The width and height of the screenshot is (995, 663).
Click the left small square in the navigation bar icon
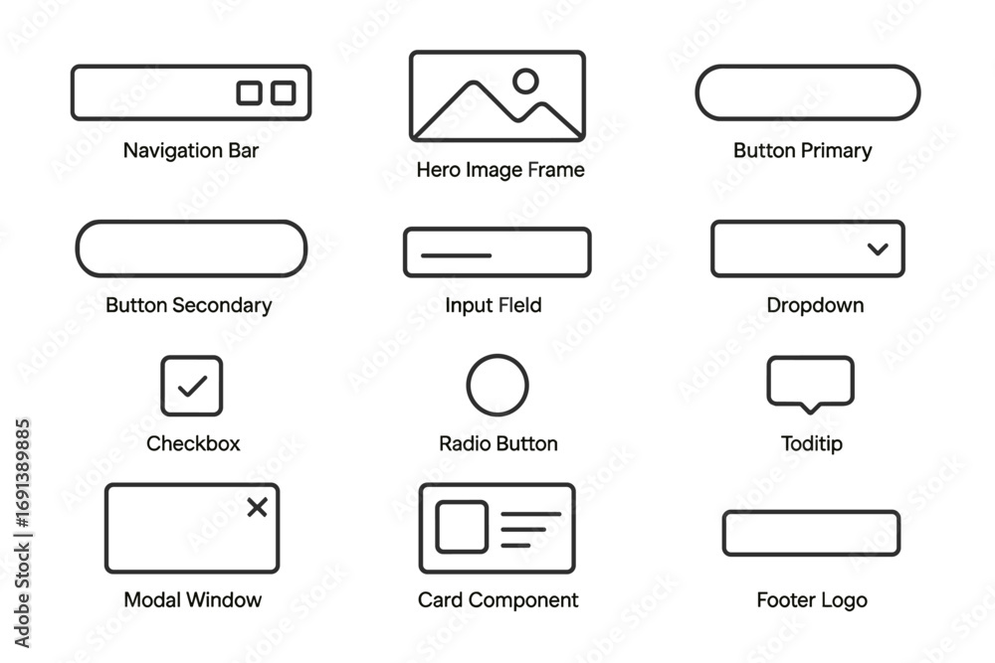coord(249,92)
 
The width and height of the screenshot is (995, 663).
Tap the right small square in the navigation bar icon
coord(284,92)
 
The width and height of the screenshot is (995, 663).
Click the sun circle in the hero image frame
coord(525,81)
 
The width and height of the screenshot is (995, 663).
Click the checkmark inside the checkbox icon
coord(192,385)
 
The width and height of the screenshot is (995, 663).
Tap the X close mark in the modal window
coord(257,507)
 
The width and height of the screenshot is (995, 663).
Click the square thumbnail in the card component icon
coord(462,527)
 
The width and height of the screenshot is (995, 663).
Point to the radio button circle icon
coord(497,385)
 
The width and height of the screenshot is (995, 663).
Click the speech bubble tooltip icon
coord(810,382)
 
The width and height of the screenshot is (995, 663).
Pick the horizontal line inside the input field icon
coord(457,255)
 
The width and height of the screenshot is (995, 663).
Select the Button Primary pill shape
coord(807,92)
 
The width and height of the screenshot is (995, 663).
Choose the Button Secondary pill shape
coord(192,249)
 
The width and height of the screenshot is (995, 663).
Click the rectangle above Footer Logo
coord(811,533)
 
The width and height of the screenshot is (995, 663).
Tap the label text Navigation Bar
coord(191,151)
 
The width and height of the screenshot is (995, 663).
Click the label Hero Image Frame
coord(499,170)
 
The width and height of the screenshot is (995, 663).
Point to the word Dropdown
coord(815,305)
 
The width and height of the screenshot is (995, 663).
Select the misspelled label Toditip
coord(812,443)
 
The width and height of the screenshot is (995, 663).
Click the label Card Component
coord(497,600)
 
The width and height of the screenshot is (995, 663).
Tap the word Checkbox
coord(193,443)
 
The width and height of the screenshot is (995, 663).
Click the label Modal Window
coord(193,600)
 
